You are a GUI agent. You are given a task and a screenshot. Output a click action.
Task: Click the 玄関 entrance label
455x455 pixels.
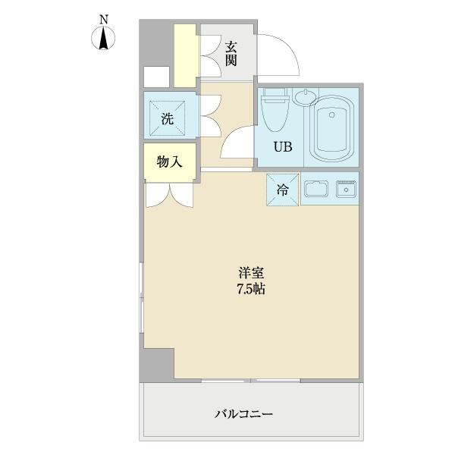(x=231, y=53)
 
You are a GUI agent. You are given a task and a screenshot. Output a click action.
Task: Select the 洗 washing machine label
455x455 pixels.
(x=167, y=118)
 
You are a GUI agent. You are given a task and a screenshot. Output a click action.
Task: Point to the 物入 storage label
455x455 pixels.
(x=169, y=162)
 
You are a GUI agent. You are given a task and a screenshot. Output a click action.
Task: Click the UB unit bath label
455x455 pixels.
(x=274, y=146)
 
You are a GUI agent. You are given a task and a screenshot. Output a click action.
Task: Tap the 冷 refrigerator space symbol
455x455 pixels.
(x=282, y=190)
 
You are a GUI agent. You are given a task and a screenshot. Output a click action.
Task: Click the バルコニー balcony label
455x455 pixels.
(x=243, y=414)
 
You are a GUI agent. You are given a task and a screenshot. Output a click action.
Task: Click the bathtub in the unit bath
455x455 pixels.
(x=333, y=129)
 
